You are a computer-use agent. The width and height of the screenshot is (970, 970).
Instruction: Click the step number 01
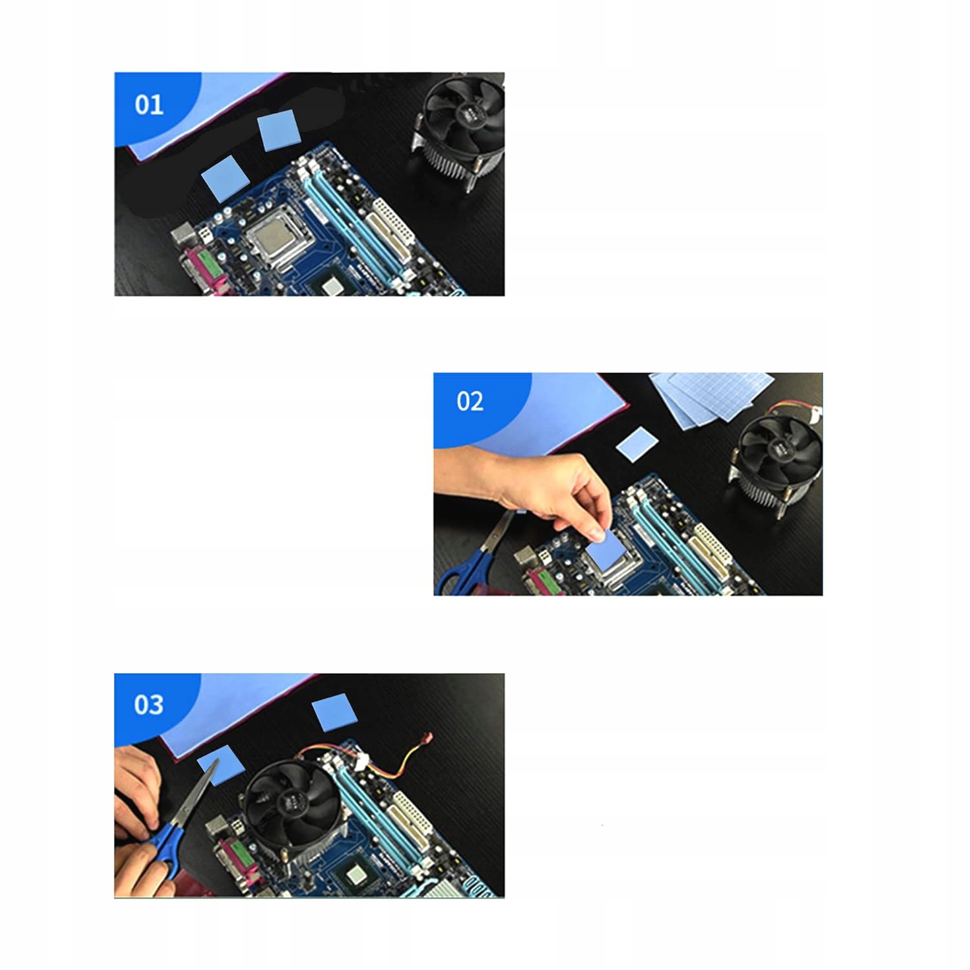click(149, 104)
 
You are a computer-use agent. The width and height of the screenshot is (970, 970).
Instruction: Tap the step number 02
click(469, 401)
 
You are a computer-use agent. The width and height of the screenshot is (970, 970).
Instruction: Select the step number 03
click(149, 704)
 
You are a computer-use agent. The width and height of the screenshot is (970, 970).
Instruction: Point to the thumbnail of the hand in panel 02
click(598, 535)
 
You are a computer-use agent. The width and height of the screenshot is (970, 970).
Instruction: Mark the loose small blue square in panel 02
click(637, 444)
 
